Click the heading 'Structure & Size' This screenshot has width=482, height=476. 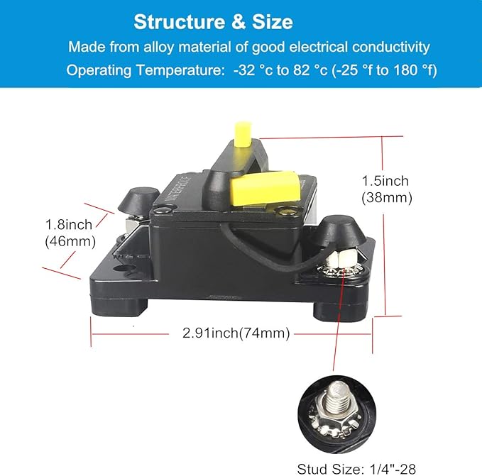pos(214,22)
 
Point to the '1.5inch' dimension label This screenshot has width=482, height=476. pos(385,181)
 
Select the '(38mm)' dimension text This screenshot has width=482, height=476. pos(387,197)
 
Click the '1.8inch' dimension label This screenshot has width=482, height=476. pos(69,224)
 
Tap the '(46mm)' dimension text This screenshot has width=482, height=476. pos(70,241)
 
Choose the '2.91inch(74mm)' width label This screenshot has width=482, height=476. pos(236,333)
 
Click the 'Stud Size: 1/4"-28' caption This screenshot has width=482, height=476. pos(356,469)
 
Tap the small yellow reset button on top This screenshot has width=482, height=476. pos(243,134)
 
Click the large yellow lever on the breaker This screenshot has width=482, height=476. pos(265,188)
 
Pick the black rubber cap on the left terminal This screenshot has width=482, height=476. pos(139,201)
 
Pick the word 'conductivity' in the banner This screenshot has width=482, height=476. pos(390,47)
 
